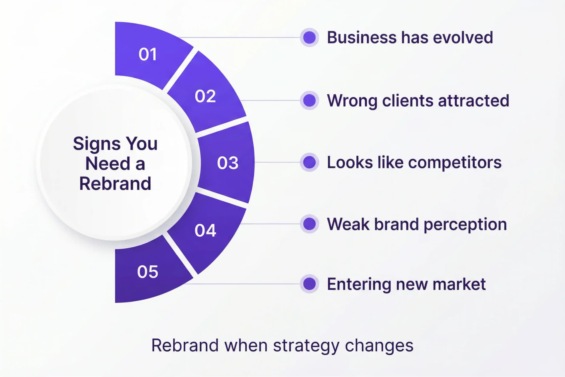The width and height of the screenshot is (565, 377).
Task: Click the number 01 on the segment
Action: point(148,54)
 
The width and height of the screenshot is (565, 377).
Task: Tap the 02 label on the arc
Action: point(205,96)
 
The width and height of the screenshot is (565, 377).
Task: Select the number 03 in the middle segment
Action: point(227,163)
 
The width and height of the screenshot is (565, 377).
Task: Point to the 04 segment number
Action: point(205,230)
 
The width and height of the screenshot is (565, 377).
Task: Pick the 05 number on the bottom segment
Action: point(147,272)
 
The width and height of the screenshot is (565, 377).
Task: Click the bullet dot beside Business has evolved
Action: point(309,37)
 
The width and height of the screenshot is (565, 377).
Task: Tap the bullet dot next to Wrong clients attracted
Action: point(309,100)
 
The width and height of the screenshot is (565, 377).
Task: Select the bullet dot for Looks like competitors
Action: point(309,162)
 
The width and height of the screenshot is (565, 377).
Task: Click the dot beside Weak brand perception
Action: point(309,224)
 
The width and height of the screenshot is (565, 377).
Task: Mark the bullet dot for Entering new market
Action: point(309,284)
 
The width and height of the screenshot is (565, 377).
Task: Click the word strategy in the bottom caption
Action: point(306,346)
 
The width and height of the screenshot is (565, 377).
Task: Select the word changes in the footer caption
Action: point(379,345)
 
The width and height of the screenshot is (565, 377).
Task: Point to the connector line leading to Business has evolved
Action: point(241,37)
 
